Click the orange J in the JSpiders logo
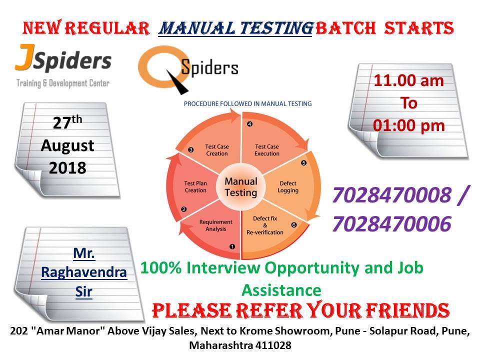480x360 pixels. pos(24,58)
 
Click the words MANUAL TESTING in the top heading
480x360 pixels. pos(235,28)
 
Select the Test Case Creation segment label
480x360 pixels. pos(216,150)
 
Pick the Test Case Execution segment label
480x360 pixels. pos(267,150)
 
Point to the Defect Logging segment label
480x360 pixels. pos(288,186)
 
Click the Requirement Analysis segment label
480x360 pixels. pos(216,225)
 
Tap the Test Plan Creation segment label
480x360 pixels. pos(195,186)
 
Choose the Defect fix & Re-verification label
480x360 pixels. pos(265,225)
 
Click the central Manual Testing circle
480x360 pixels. pos(241,186)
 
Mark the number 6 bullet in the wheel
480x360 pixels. pos(294,225)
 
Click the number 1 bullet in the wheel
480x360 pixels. pos(232,246)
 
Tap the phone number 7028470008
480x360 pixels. pos(392,195)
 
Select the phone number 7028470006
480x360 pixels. pos(392,224)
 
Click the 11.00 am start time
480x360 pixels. pos(408,81)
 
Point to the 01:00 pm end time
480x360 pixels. pos(408,125)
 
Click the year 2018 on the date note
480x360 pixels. pos(67,168)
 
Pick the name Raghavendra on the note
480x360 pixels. pos(84,272)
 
